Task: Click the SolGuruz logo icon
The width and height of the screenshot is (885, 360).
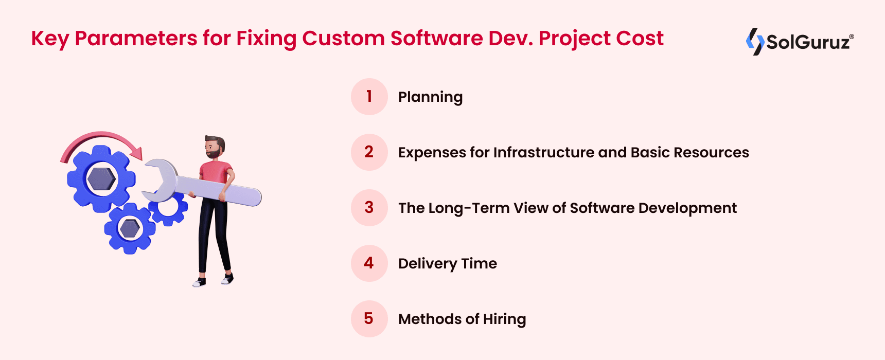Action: [x=755, y=41]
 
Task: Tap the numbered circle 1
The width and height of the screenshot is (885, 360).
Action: [x=369, y=97]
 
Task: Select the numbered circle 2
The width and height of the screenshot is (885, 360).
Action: [x=369, y=152]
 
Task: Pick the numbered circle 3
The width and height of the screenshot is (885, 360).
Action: [x=369, y=208]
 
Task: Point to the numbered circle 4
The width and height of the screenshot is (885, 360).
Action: [x=369, y=263]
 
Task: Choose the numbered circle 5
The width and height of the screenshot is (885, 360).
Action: [x=369, y=319]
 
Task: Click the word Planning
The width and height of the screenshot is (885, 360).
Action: [x=430, y=97]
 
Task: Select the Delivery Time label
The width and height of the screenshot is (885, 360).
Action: [x=448, y=264]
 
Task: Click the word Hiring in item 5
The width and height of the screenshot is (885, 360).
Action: [x=504, y=319]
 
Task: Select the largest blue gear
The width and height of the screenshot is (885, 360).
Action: [x=101, y=179]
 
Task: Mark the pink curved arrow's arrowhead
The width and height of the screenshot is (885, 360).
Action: [x=136, y=153]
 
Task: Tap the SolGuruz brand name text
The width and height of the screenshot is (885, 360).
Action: [x=808, y=42]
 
